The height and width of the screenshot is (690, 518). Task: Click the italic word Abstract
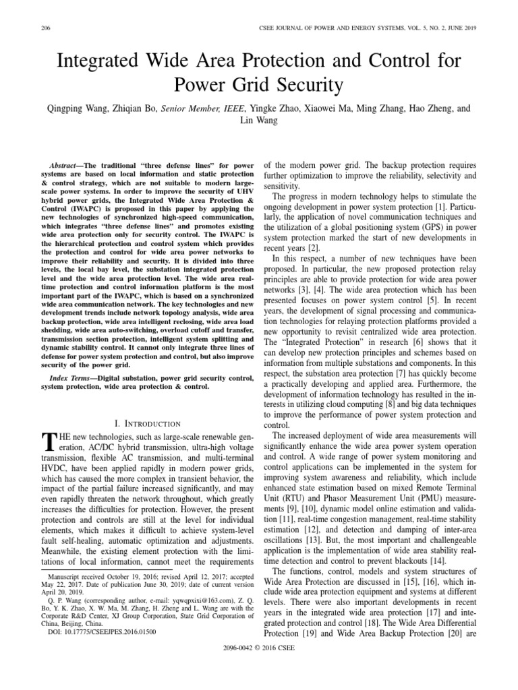click(x=66, y=165)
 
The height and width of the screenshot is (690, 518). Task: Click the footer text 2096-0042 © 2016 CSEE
click(x=259, y=666)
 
